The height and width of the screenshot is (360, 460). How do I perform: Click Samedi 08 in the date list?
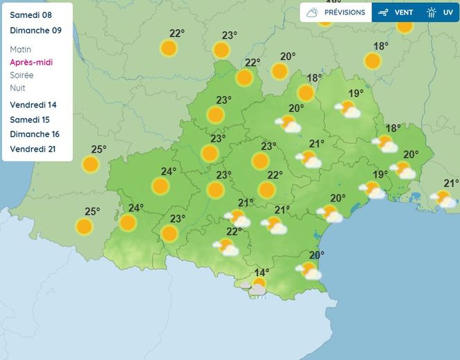[x=31, y=15]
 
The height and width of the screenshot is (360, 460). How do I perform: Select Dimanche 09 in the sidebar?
[x=36, y=30]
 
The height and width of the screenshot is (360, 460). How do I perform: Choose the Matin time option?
[x=21, y=50]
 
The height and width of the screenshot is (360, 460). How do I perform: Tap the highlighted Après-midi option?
[x=31, y=62]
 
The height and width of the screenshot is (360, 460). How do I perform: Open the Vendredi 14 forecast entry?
[x=34, y=105]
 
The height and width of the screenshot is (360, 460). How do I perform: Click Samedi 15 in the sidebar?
[x=31, y=120]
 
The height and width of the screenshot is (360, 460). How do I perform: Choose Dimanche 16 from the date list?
[x=35, y=134]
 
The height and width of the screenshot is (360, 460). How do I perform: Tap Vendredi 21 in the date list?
[x=34, y=149]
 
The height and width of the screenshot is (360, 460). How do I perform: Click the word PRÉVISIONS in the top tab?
[x=344, y=12]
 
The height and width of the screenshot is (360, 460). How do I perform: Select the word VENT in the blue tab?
[x=404, y=12]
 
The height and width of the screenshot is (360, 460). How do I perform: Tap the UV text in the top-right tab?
[x=448, y=12]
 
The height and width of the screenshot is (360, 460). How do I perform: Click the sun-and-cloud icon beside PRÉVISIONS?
[x=313, y=12]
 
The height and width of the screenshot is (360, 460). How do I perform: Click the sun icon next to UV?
[x=432, y=12]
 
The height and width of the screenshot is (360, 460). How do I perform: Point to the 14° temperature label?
[x=261, y=273]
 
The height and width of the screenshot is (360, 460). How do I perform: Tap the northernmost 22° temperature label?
[x=177, y=33]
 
